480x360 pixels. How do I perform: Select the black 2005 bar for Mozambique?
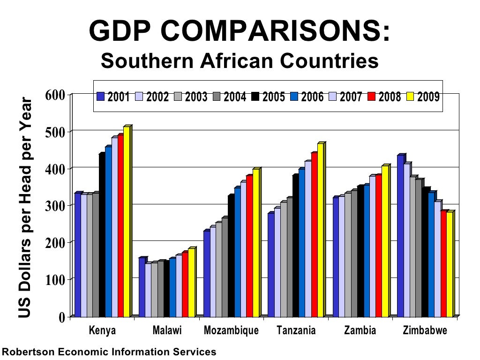click(231, 255)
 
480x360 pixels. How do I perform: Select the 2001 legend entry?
click(115, 97)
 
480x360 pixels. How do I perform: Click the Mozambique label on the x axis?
click(231, 330)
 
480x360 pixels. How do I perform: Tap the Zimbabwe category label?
click(425, 330)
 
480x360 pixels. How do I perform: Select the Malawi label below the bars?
click(167, 330)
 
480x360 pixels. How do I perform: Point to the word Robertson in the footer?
click(26, 352)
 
